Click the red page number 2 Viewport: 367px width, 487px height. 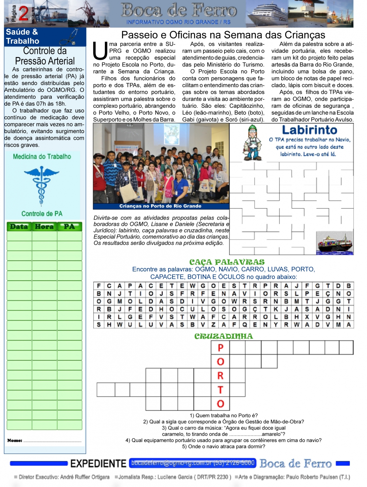[24, 13]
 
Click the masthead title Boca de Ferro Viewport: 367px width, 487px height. [179, 11]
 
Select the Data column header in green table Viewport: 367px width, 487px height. [19, 227]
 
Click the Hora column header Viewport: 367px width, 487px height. [44, 227]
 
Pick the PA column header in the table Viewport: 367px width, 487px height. [69, 227]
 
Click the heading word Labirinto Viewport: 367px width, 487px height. [310, 130]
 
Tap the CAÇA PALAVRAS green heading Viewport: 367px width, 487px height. [227, 262]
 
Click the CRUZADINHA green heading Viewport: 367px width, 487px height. [224, 336]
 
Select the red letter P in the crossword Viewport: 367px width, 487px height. [221, 348]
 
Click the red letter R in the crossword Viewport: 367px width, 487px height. [221, 376]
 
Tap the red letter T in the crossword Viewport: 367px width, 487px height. [221, 390]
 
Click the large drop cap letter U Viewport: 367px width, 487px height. [100, 51]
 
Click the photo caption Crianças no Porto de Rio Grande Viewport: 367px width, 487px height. [160, 206]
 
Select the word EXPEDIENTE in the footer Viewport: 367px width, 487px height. [98, 463]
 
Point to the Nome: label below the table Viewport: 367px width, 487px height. [15, 440]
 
